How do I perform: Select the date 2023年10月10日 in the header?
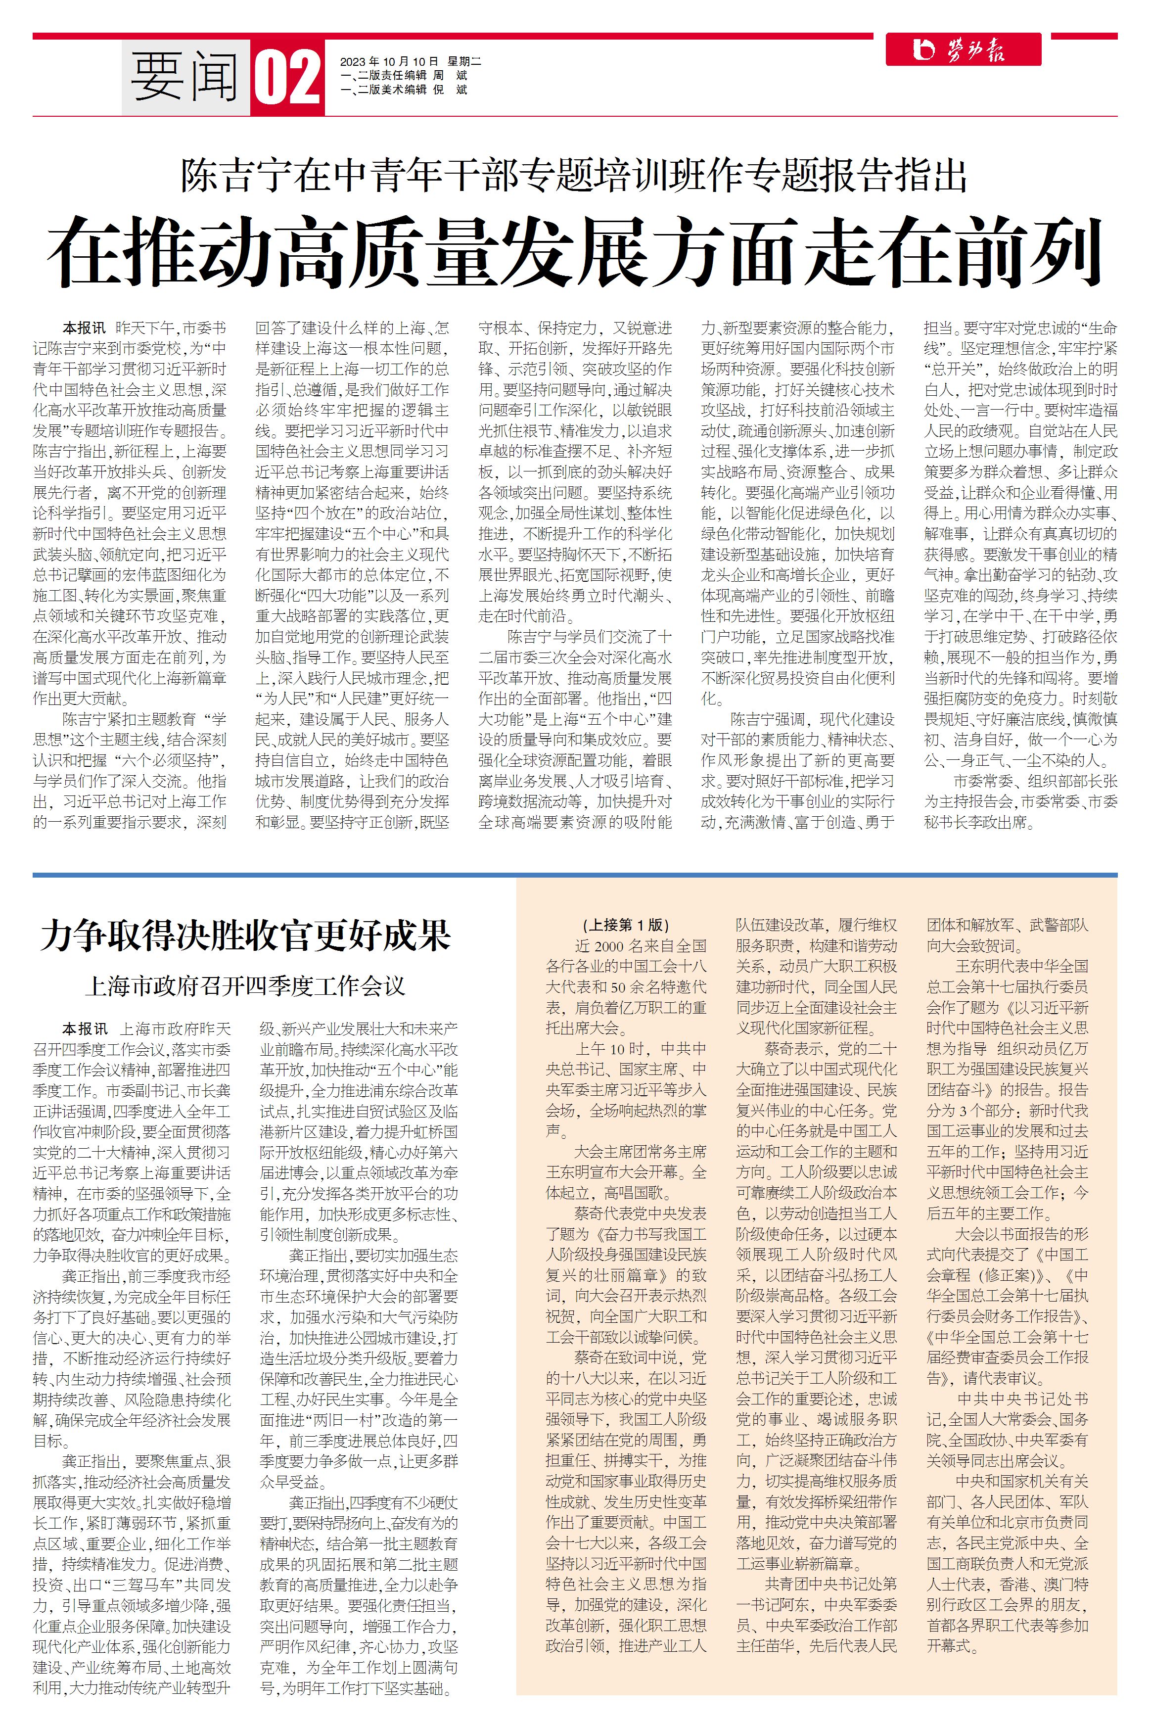point(389,62)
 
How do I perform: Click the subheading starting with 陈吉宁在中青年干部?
point(575,175)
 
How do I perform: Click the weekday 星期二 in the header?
point(465,62)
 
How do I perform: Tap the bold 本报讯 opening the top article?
point(84,328)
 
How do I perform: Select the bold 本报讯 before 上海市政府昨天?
point(84,1029)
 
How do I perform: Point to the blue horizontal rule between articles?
point(575,875)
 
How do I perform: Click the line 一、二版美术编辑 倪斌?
point(404,90)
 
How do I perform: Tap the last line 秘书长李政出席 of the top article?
point(979,822)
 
